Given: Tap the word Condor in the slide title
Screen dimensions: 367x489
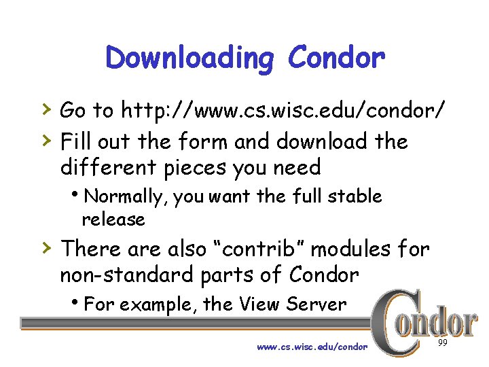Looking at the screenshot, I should pyautogui.click(x=336, y=58).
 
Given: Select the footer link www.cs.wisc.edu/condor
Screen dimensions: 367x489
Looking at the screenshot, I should pyautogui.click(x=312, y=346).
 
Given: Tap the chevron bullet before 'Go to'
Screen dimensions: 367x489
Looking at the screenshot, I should pyautogui.click(x=45, y=107).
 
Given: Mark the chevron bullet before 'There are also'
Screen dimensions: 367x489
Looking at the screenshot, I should pyautogui.click(x=45, y=247).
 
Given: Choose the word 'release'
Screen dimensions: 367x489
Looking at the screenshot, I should pyautogui.click(x=113, y=220).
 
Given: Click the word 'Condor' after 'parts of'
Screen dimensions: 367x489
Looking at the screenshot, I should pyautogui.click(x=323, y=275).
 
